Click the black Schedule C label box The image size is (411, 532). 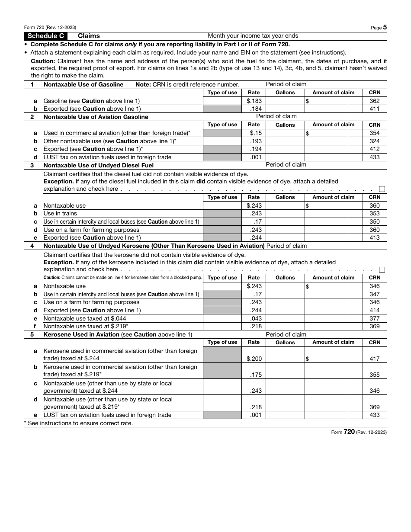tap(45, 36)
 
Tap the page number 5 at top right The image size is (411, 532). tap(385, 27)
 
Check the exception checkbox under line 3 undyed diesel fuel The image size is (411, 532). tap(382, 189)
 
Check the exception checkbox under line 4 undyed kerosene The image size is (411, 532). tap(382, 269)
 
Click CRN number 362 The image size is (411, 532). tap(375, 101)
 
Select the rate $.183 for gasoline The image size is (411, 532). tap(254, 101)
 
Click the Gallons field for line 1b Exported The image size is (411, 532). tap(285, 109)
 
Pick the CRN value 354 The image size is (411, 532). tap(375, 133)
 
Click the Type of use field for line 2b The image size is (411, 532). tap(222, 141)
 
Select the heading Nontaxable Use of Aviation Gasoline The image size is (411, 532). tap(96, 117)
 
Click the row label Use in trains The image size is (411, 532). tap(60, 214)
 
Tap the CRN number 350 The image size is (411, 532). tap(375, 222)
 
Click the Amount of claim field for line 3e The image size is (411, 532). tap(326, 238)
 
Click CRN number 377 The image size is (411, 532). tap(375, 318)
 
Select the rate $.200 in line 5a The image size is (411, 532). tap(254, 359)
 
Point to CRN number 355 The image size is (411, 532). tap(375, 375)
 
